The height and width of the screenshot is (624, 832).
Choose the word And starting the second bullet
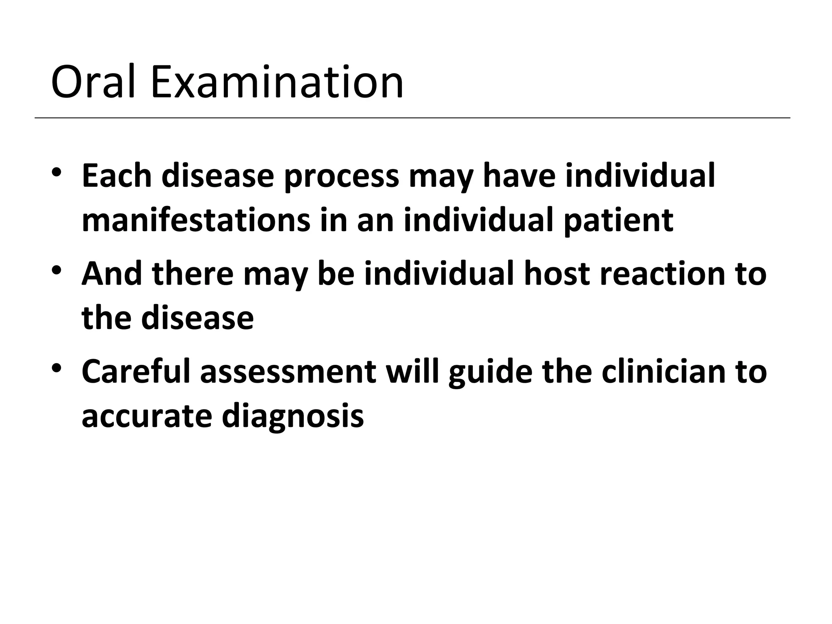112,274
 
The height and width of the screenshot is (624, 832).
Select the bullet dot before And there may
56,270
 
